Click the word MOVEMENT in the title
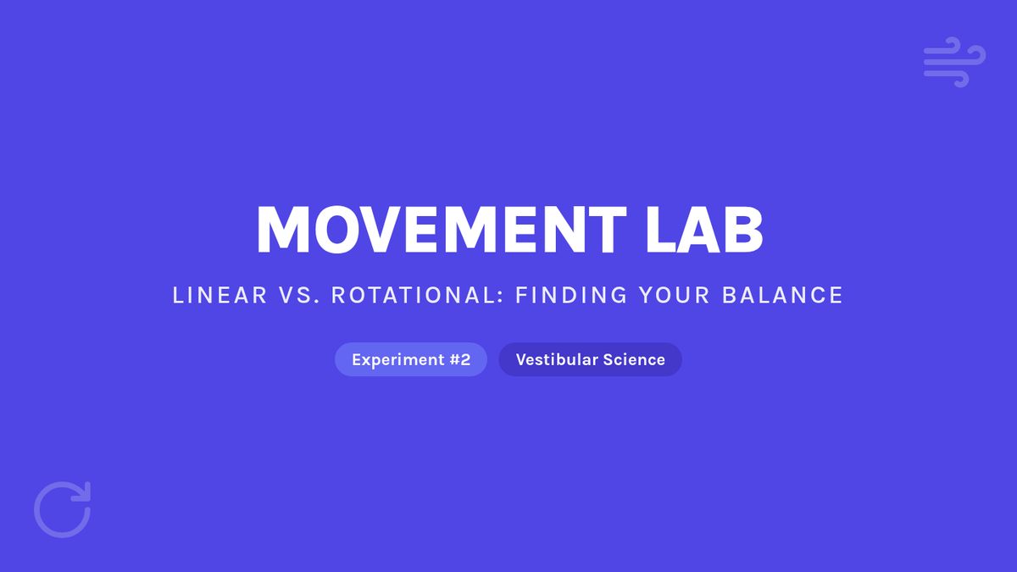coord(442,230)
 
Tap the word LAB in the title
coord(704,230)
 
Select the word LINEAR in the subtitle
coord(220,295)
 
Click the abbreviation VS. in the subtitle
coord(299,295)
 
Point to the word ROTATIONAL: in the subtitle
coord(418,295)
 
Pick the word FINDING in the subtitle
coord(571,295)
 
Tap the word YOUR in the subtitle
coord(675,295)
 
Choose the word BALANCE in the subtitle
coord(782,295)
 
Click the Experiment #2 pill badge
coord(411,359)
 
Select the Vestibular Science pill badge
coord(590,359)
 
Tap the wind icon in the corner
coord(954,62)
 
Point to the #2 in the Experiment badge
coord(460,359)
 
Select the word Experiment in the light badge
coord(398,360)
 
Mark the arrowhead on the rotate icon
coord(84,491)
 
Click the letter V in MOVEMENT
coord(378,230)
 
